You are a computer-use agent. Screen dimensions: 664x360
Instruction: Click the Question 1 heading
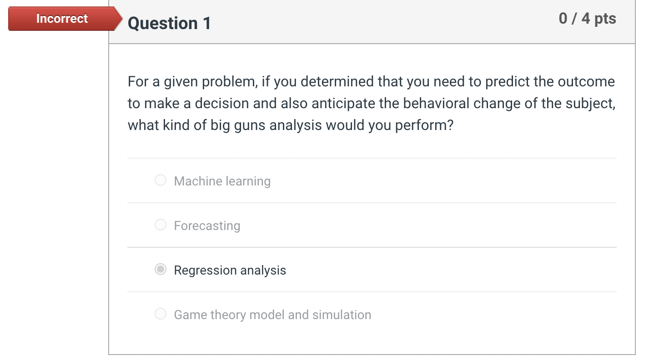169,23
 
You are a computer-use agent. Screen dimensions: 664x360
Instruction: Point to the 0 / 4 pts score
588,18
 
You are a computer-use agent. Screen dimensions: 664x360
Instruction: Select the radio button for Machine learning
161,180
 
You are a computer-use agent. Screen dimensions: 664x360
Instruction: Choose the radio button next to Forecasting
161,225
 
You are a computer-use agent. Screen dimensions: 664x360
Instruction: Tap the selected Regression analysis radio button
161,270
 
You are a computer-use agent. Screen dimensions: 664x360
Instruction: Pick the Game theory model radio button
161,314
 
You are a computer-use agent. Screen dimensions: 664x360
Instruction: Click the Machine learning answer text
222,181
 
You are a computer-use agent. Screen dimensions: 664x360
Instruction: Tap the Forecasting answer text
207,226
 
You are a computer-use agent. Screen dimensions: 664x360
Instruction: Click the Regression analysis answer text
230,270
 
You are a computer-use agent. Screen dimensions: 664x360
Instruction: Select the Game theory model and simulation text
272,315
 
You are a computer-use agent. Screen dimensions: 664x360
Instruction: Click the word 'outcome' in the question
586,81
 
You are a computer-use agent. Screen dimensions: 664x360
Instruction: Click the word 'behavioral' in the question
436,103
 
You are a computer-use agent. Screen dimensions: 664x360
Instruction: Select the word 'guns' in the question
250,125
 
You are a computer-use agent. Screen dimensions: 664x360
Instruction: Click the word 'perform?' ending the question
424,125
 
